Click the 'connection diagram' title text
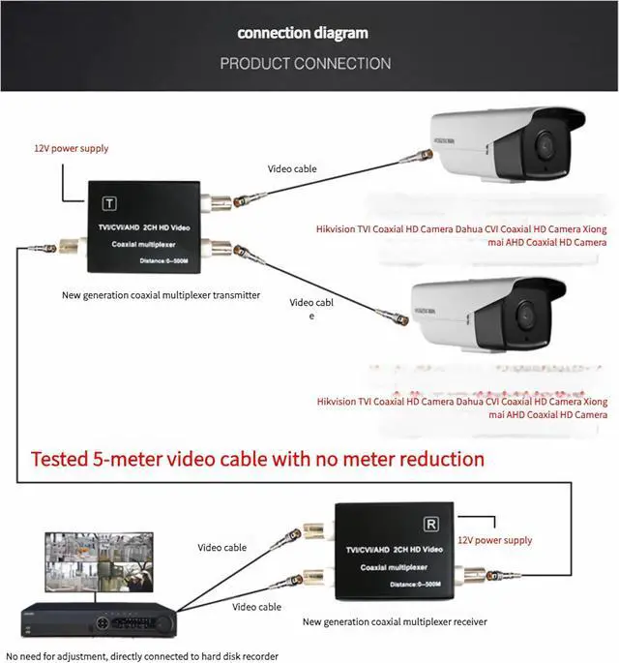tap(303, 33)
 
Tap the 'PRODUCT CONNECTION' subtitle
tap(305, 64)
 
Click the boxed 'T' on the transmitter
tap(109, 204)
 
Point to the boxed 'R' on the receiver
tap(432, 523)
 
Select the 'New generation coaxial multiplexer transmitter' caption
tap(161, 295)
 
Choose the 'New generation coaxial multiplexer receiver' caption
tap(395, 621)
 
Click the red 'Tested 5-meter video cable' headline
tap(257, 458)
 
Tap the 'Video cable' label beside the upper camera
tap(292, 168)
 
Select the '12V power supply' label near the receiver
tap(494, 540)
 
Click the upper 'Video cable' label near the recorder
tap(222, 548)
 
